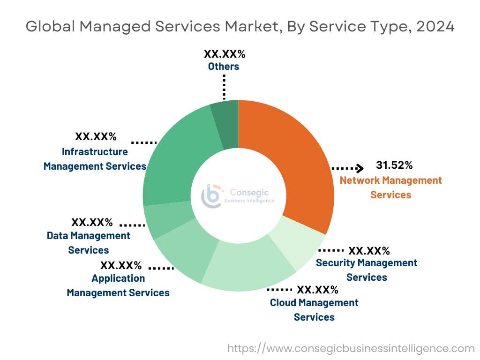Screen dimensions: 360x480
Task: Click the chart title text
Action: (240, 26)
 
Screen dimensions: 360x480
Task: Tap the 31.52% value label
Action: (394, 165)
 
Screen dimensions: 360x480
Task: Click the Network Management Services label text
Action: (390, 187)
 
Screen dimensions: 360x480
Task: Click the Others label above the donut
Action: (224, 67)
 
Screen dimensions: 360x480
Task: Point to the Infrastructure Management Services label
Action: (95, 159)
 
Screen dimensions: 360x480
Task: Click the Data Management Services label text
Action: (89, 243)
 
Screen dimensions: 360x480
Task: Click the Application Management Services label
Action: (118, 285)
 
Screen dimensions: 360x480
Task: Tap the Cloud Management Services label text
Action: (314, 310)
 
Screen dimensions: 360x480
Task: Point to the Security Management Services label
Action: (367, 270)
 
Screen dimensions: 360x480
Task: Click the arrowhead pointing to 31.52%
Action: (360, 168)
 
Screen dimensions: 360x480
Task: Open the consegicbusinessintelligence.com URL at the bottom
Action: (351, 348)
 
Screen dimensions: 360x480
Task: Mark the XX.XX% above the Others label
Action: (225, 54)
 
